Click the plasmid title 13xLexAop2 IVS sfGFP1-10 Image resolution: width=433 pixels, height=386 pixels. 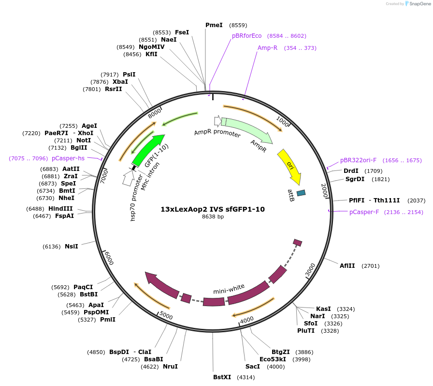(x=213, y=209)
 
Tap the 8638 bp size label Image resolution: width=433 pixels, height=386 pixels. (x=213, y=217)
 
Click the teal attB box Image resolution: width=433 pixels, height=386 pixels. (x=301, y=193)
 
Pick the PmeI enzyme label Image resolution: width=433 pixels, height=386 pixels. (x=214, y=25)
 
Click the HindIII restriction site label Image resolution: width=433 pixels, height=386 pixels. (x=60, y=208)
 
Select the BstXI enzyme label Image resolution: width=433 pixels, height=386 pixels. (x=222, y=377)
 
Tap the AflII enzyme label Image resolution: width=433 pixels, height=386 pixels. (x=347, y=266)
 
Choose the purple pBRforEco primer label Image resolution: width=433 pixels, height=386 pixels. (x=246, y=36)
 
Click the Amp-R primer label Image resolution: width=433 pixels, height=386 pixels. (x=267, y=48)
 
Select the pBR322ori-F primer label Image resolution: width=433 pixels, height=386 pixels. (x=358, y=160)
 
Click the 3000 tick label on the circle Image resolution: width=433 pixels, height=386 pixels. (x=310, y=270)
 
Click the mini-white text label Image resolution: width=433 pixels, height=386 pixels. (x=229, y=289)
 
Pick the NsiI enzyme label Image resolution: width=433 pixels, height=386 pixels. (x=72, y=247)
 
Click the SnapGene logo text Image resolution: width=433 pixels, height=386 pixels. (x=419, y=4)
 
